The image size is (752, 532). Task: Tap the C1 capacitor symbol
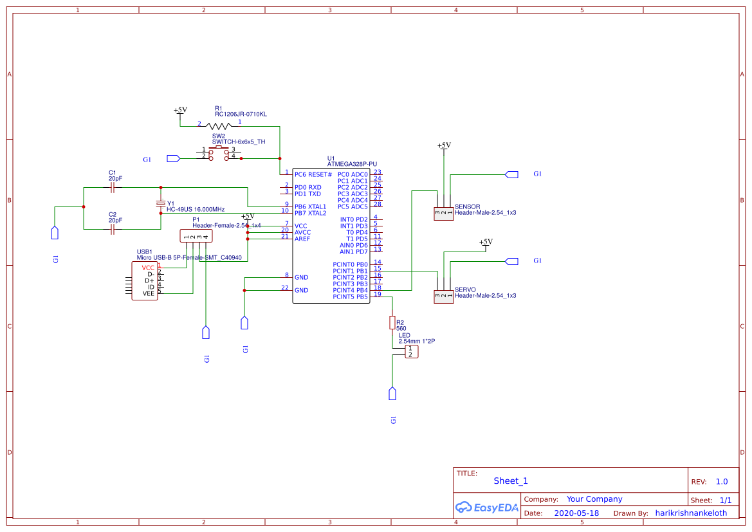click(x=113, y=188)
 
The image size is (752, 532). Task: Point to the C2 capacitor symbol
click(x=113, y=228)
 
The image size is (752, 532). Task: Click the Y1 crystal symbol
click(x=161, y=204)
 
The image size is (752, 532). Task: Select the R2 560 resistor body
click(x=392, y=323)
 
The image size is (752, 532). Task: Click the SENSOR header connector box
click(x=443, y=214)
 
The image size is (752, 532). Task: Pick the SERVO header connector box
click(x=443, y=297)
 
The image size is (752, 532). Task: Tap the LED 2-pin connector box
click(x=411, y=352)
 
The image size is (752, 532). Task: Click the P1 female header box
click(x=196, y=236)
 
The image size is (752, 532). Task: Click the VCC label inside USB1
click(x=148, y=268)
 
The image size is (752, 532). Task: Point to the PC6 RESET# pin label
click(x=313, y=174)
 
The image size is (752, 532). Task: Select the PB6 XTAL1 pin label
click(x=311, y=206)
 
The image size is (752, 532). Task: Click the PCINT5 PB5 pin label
click(x=350, y=297)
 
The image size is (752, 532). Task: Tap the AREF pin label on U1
click(x=302, y=239)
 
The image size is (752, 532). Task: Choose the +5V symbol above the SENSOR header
click(x=443, y=146)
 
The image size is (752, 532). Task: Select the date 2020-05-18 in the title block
click(x=576, y=513)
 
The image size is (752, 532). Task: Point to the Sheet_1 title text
click(x=510, y=481)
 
